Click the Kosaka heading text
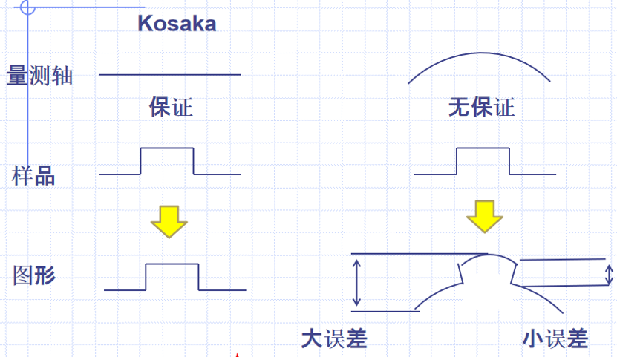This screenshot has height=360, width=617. (x=177, y=23)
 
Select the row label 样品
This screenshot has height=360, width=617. (x=33, y=177)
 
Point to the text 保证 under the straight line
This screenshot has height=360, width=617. (x=171, y=108)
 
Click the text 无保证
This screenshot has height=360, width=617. (x=481, y=108)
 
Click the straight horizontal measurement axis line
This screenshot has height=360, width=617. (x=170, y=75)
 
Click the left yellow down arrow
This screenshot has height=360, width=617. (x=169, y=220)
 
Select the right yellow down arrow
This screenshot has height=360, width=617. (x=485, y=215)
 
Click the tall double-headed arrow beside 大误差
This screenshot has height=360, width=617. (x=357, y=282)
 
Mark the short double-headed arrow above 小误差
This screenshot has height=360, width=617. (x=610, y=272)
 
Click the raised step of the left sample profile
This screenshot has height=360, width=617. (x=167, y=149)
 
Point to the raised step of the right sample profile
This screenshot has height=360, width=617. (x=483, y=149)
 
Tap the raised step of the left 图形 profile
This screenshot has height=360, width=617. (x=172, y=265)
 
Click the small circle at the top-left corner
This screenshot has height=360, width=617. (x=27, y=8)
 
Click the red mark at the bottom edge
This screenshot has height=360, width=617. (x=237, y=356)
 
